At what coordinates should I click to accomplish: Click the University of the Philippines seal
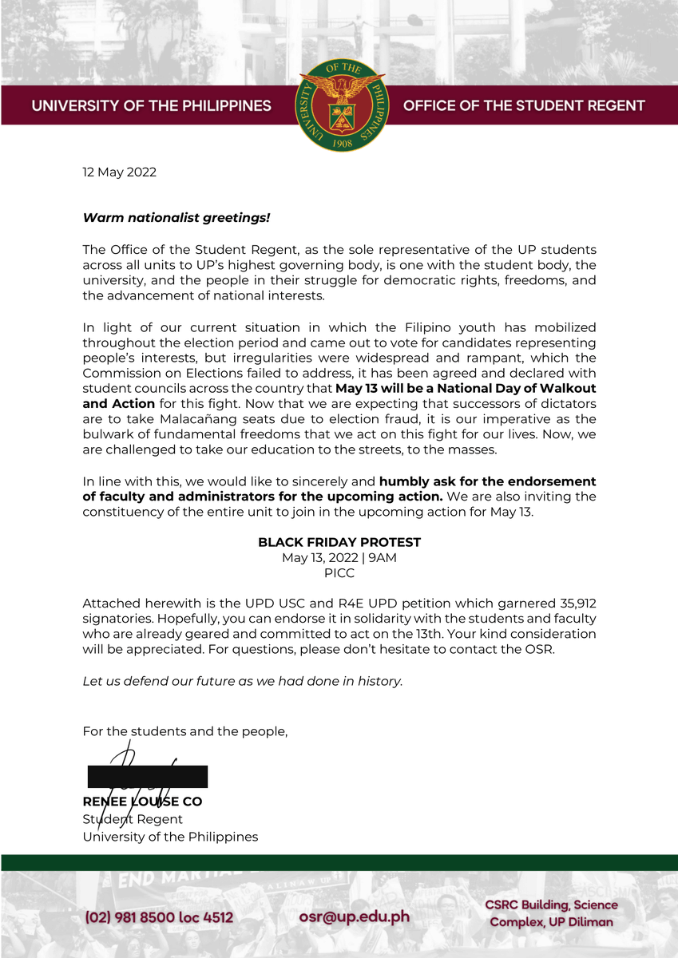[x=342, y=105]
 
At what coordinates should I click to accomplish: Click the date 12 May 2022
[x=120, y=172]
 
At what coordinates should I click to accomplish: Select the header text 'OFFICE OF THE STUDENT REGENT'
[x=524, y=106]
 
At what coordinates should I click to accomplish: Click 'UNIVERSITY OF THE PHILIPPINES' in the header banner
[x=152, y=106]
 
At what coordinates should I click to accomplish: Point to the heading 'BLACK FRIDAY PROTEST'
[x=339, y=542]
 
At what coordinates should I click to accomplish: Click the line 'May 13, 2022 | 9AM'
[x=339, y=557]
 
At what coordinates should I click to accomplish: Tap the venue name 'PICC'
[x=339, y=573]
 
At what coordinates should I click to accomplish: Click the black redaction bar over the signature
[x=148, y=777]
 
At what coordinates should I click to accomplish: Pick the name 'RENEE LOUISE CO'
[x=142, y=802]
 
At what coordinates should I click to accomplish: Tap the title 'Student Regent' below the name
[x=133, y=819]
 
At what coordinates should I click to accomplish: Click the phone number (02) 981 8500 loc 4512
[x=159, y=918]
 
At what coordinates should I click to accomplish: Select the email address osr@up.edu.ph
[x=354, y=916]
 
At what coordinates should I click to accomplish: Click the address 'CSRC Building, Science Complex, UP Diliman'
[x=551, y=913]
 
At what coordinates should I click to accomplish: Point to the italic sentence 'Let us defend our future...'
[x=243, y=681]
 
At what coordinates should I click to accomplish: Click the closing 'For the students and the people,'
[x=185, y=731]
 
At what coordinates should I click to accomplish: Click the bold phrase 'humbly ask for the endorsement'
[x=487, y=481]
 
